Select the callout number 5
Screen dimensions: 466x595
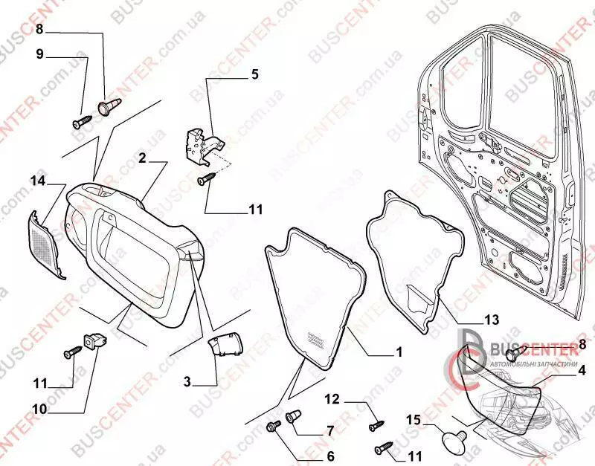254,75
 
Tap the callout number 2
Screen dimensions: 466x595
141,158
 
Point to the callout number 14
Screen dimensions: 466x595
38,180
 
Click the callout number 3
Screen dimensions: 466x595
187,382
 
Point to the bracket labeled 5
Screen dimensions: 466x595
199,143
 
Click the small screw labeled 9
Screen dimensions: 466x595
80,120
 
